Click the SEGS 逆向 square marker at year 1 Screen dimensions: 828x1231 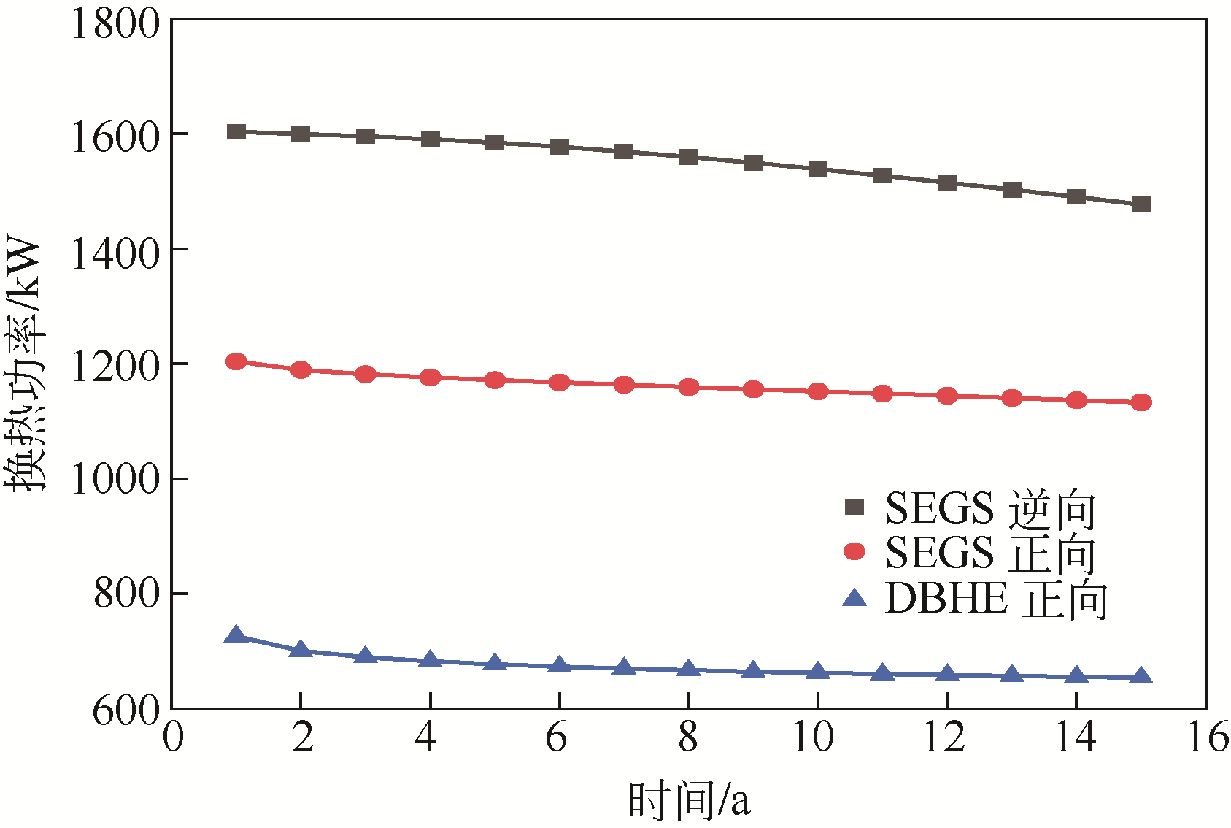(236, 132)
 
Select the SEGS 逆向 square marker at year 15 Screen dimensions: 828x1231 (1141, 204)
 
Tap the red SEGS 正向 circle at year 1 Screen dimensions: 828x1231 (236, 361)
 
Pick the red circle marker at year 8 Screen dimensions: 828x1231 (689, 387)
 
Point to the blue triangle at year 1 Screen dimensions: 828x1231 (236, 635)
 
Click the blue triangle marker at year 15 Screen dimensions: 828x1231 (1141, 677)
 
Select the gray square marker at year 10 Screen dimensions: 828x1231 (818, 169)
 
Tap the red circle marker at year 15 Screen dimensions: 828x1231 (1141, 402)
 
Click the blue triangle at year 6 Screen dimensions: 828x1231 (560, 665)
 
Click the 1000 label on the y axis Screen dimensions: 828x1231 (115, 479)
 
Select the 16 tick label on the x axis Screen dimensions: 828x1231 (1207, 737)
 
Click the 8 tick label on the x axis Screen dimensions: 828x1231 (688, 737)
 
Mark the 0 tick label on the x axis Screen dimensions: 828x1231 (173, 737)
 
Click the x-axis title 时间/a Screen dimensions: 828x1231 (688, 800)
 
